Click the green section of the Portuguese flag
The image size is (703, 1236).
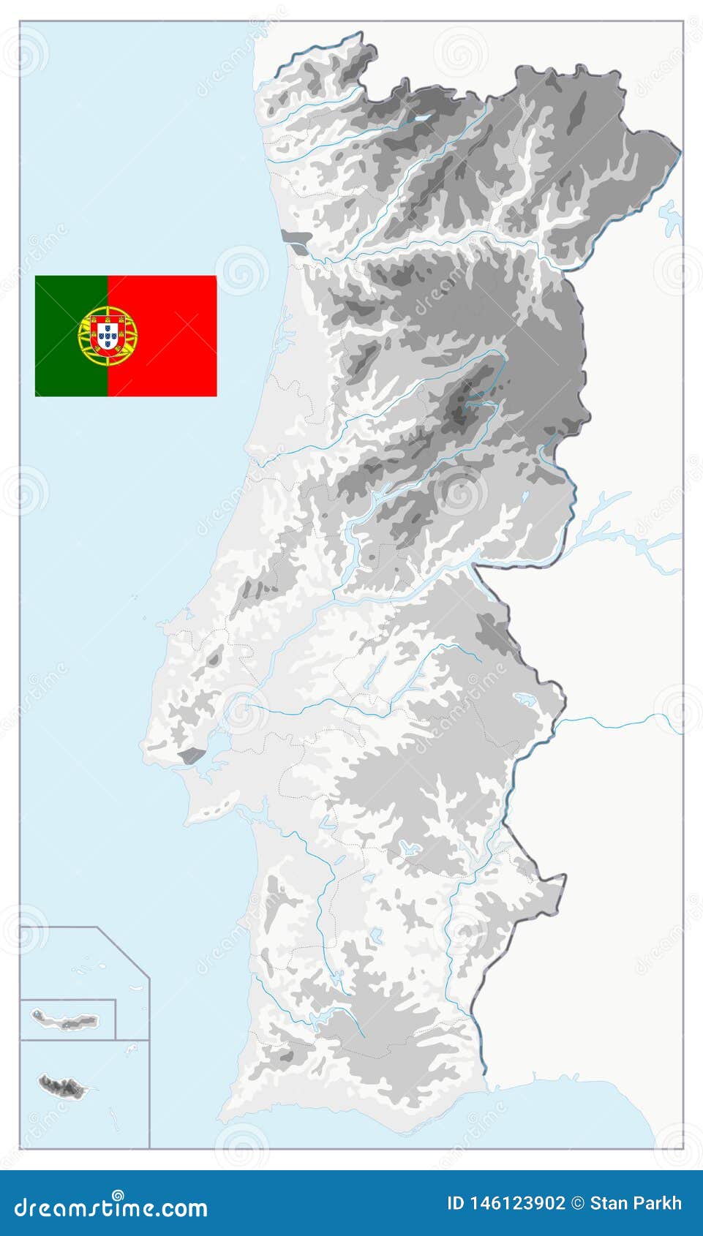[x=59, y=300]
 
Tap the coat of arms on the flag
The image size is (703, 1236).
[x=108, y=336]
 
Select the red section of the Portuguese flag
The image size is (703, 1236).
[x=176, y=336]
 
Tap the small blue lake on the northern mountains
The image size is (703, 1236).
[x=422, y=116]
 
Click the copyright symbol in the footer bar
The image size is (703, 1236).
[x=578, y=1203]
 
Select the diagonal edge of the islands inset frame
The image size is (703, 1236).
[x=123, y=950]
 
